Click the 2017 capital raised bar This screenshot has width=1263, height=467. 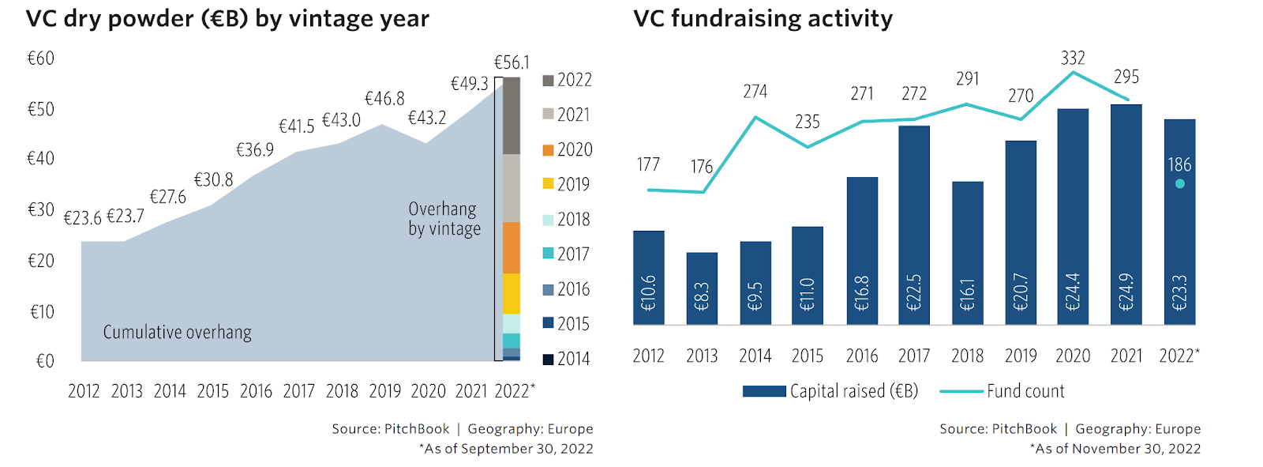point(914,225)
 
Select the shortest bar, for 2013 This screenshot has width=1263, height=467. point(702,288)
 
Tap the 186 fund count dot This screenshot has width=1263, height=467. point(1179,184)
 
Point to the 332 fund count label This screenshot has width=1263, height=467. point(1073,58)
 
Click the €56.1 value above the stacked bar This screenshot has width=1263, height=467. point(512,62)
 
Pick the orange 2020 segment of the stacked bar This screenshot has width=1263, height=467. point(512,247)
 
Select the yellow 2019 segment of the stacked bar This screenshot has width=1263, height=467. point(512,293)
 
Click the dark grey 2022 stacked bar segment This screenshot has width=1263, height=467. point(512,115)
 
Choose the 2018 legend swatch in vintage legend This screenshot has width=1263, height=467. point(548,220)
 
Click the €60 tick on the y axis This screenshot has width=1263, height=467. point(41,58)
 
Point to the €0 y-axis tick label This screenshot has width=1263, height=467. point(45,361)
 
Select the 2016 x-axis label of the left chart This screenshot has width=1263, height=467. point(256,391)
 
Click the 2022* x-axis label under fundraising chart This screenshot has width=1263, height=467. point(1179,356)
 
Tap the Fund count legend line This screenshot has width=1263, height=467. point(961,391)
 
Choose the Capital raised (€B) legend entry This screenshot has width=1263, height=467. point(830,391)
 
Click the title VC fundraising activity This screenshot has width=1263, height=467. point(763,18)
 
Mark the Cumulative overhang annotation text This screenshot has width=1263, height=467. point(178,332)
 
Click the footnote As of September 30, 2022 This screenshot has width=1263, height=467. point(506,449)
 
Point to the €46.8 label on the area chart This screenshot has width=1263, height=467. point(384,99)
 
